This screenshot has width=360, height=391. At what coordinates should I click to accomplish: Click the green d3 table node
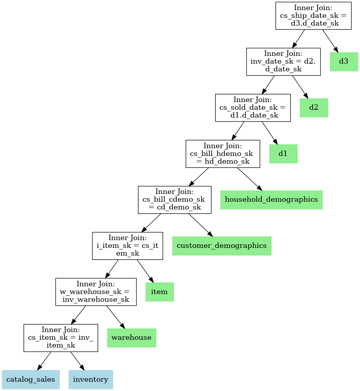click(344, 62)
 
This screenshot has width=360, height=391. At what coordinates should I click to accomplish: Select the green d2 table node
click(314, 108)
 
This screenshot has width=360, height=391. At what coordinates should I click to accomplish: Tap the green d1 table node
click(283, 154)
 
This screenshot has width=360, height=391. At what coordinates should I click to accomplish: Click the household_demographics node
click(271, 200)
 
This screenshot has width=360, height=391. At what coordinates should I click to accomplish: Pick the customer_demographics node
click(222, 246)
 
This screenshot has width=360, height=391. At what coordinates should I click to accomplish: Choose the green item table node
click(160, 292)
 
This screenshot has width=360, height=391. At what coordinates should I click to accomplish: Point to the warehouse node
click(132, 338)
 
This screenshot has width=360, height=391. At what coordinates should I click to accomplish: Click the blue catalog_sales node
click(31, 379)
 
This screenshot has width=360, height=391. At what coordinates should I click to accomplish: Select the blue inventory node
click(90, 379)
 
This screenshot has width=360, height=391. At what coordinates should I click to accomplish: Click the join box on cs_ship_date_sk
click(313, 16)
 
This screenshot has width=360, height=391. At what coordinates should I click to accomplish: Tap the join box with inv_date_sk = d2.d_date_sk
click(283, 62)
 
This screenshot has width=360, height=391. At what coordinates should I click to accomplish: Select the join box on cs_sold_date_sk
click(253, 108)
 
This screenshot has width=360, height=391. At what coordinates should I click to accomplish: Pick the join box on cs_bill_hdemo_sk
click(223, 154)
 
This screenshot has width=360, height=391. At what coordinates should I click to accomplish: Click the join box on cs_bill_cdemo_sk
click(175, 200)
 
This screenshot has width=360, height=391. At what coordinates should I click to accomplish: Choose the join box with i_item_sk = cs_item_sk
click(127, 246)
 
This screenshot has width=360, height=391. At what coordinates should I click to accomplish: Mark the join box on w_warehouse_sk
click(96, 292)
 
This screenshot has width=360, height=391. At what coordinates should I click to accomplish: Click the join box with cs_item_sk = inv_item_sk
click(61, 338)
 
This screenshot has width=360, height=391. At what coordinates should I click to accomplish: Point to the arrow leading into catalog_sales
click(44, 361)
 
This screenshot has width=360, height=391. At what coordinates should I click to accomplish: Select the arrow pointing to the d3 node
click(330, 41)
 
